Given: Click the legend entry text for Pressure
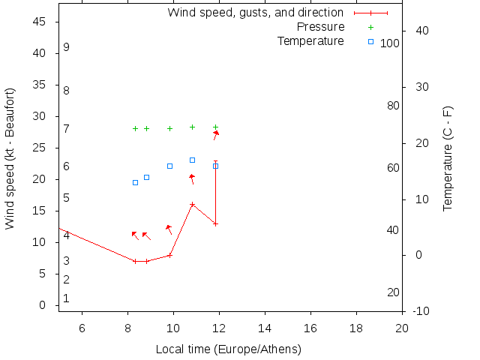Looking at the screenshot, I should click(320, 27).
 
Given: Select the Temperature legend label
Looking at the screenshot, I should click(310, 40).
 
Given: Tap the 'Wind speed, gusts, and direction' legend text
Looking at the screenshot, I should click(255, 13).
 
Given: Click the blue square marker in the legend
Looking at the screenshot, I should click(370, 41).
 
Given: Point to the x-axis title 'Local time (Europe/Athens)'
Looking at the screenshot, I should click(228, 349).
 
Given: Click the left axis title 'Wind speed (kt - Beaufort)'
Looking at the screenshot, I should click(10, 158).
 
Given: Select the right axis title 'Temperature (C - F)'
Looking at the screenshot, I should click(448, 158).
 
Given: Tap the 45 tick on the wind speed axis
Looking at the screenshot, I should click(40, 22).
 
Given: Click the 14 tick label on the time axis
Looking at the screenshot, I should click(265, 328).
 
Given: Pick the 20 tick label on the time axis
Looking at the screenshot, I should click(402, 328).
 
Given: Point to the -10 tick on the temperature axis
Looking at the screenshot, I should click(420, 311).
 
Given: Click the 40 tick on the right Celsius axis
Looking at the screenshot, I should click(421, 31).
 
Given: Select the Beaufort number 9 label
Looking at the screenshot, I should click(66, 47).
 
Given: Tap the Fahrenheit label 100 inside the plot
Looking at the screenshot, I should click(389, 43).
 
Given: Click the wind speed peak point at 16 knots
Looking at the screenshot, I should click(192, 204).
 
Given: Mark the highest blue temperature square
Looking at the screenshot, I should click(192, 160).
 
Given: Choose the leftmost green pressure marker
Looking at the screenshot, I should click(135, 128).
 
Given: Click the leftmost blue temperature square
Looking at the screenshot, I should click(135, 182).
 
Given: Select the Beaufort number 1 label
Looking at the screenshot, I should click(66, 298).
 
